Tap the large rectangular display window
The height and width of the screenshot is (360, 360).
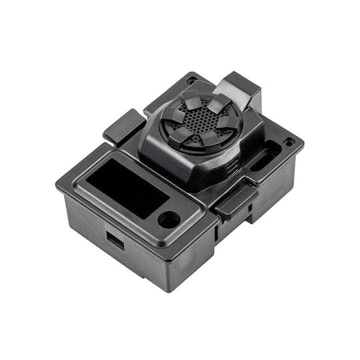[127, 187]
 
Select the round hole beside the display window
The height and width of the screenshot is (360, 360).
[169, 219]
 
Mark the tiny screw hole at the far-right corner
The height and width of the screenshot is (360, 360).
[288, 142]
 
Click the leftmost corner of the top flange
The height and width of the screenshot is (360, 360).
[58, 185]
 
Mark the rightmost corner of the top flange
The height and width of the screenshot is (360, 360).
[303, 143]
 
